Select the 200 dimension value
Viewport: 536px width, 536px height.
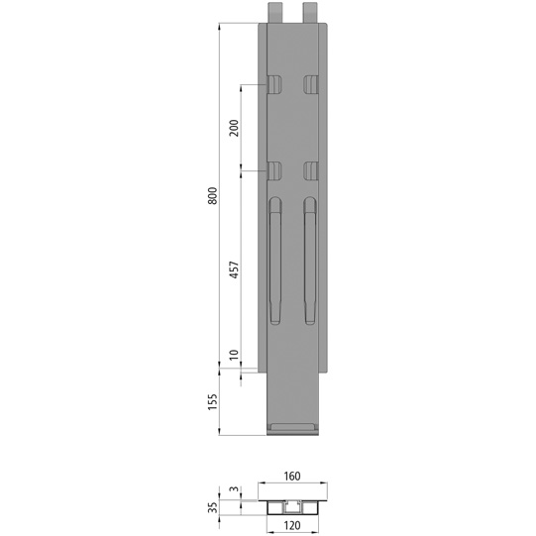click(x=234, y=128)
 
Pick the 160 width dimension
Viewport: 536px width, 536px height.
click(x=293, y=476)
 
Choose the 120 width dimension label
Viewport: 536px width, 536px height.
click(x=293, y=525)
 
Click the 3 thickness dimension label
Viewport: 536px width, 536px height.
click(x=234, y=490)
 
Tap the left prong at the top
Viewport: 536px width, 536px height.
click(x=275, y=12)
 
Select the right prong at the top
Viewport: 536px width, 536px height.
click(x=311, y=12)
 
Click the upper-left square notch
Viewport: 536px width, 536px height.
click(x=274, y=83)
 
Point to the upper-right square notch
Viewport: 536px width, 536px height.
click(x=311, y=83)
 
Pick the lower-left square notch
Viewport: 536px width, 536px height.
click(x=274, y=169)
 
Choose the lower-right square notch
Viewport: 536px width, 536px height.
click(x=311, y=169)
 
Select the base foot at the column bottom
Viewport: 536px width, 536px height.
click(x=293, y=428)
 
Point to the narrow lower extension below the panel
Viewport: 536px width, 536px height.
click(x=293, y=396)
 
